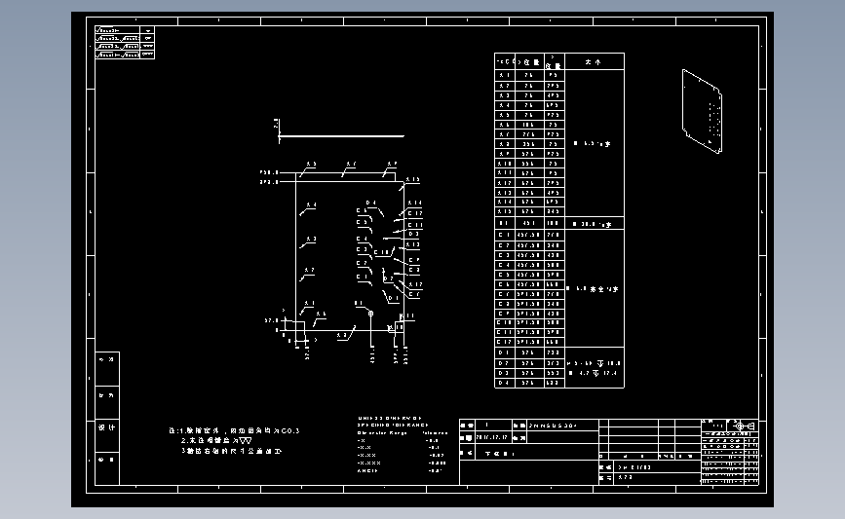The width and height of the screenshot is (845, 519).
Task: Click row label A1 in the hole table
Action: tap(504, 75)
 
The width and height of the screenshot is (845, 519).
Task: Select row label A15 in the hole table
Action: tap(504, 211)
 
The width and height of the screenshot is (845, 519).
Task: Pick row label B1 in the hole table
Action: tap(504, 223)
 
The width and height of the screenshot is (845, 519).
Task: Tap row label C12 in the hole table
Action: tap(504, 342)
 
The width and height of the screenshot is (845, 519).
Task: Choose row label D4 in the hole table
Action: tap(504, 383)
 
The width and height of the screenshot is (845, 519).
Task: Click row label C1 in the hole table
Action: tap(504, 235)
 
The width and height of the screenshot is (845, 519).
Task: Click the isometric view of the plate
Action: tap(704, 112)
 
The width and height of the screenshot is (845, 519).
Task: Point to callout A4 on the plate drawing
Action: tap(311, 205)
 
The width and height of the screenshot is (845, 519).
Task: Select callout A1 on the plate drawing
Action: tap(309, 304)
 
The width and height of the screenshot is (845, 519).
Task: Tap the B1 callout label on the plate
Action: tap(359, 304)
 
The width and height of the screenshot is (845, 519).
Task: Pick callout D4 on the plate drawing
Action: tap(370, 203)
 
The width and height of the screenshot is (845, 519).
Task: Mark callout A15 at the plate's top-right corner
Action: tap(412, 180)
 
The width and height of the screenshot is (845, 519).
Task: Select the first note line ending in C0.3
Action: tap(234, 430)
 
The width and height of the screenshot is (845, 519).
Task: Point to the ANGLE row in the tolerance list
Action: tap(367, 470)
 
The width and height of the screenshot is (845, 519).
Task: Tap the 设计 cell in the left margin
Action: tap(108, 426)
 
